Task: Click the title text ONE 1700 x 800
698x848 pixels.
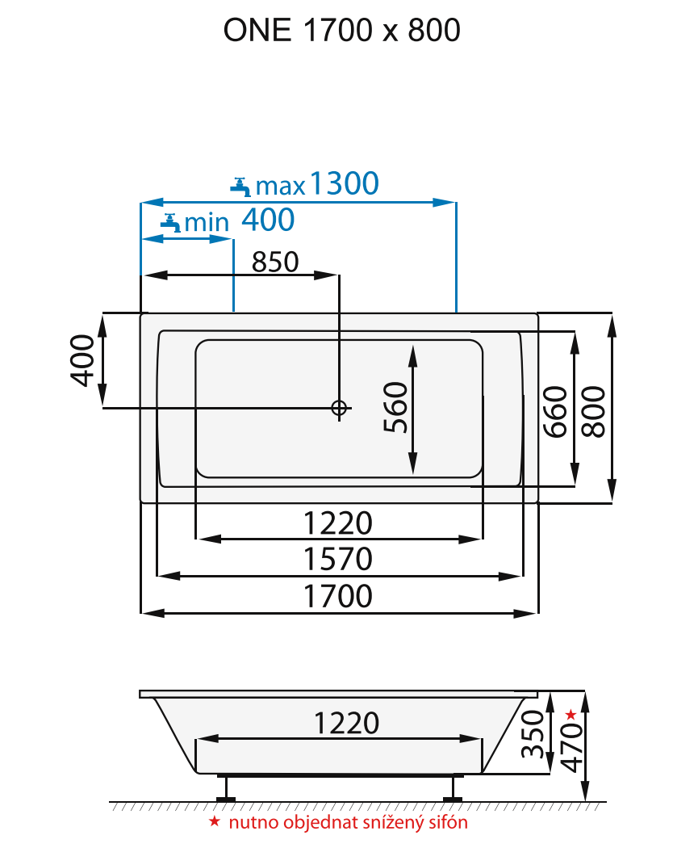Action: point(341,31)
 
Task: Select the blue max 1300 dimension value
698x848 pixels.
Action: point(343,185)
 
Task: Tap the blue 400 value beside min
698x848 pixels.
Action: point(268,219)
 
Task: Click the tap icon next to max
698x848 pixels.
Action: point(240,187)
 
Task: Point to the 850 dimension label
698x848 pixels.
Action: point(275,262)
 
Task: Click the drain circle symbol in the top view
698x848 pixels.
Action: point(339,408)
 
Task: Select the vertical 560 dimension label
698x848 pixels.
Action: point(395,407)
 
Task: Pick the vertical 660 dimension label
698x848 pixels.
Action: point(555,412)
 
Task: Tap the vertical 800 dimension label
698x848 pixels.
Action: point(594,412)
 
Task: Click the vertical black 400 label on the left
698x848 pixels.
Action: point(83,360)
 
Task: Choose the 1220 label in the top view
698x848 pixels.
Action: point(338,523)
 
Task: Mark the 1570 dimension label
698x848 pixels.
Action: point(338,559)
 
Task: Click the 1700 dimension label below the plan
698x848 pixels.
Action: point(338,596)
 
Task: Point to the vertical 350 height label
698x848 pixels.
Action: point(531,734)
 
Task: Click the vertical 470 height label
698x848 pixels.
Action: point(571,747)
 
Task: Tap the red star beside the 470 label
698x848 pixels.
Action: point(571,714)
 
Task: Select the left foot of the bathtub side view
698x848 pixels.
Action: point(225,788)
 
